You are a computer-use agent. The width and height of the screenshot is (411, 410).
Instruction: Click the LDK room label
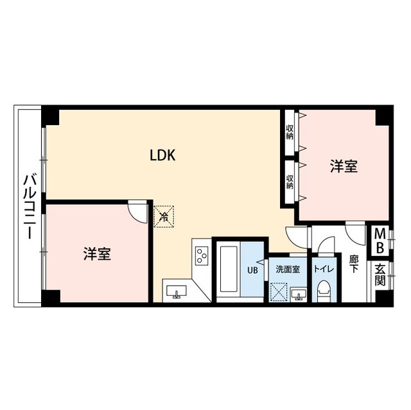pyautogui.click(x=163, y=155)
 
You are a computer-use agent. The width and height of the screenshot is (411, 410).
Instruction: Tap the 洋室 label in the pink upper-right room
pyautogui.click(x=344, y=166)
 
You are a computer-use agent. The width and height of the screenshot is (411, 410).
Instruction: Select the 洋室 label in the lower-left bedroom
pyautogui.click(x=97, y=253)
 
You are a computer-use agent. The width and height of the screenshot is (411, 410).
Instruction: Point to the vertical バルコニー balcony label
pyautogui.click(x=29, y=207)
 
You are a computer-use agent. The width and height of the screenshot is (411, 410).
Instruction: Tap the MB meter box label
pyautogui.click(x=380, y=240)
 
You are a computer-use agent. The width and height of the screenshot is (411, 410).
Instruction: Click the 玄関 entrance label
pyautogui.click(x=380, y=276)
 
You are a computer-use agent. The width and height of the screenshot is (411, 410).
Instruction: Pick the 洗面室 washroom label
pyautogui.click(x=288, y=269)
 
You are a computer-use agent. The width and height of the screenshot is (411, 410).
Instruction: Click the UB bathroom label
pyautogui.click(x=252, y=269)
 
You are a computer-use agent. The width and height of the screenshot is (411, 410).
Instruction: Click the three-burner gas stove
pyautogui.click(x=202, y=255)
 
